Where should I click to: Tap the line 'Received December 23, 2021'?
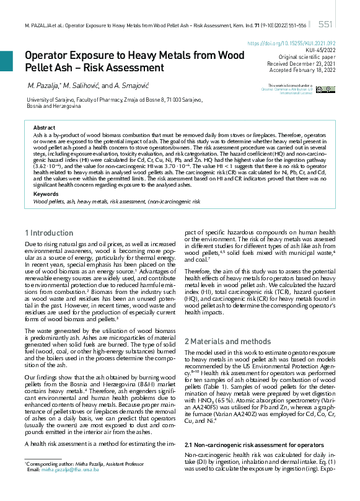pyautogui.click(x=301, y=63)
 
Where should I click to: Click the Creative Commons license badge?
pyautogui.click(x=325, y=89)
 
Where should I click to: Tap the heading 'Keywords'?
pyautogui.click(x=45, y=177)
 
